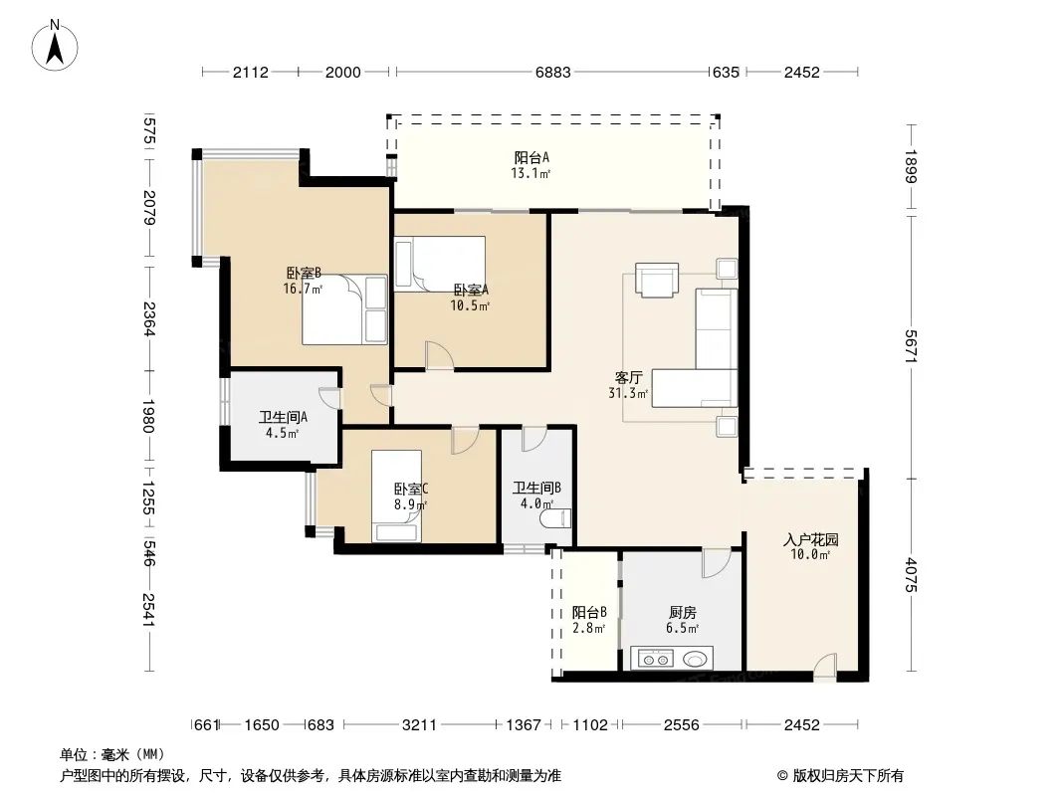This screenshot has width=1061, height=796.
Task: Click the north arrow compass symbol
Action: click(x=55, y=46)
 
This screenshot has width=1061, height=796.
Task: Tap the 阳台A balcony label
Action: click(x=531, y=157)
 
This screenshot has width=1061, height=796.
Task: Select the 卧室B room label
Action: click(x=304, y=274)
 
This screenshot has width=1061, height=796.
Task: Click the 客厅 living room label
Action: click(x=628, y=377)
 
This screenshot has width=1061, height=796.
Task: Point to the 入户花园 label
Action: click(x=810, y=539)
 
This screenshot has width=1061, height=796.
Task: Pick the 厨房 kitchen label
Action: click(x=682, y=612)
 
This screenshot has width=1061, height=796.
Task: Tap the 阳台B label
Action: click(x=588, y=612)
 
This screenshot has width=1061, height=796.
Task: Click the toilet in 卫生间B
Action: click(x=555, y=518)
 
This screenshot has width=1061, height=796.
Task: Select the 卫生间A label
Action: click(x=283, y=417)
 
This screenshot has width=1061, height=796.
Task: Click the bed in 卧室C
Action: click(x=396, y=497)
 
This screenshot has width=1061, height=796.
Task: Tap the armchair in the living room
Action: click(x=656, y=280)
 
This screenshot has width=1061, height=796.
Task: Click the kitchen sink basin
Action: click(x=695, y=658)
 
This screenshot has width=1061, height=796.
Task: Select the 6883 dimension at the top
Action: click(x=552, y=73)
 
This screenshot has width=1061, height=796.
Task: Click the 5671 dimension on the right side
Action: click(x=912, y=346)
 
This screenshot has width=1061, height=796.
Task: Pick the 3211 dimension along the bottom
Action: click(x=420, y=725)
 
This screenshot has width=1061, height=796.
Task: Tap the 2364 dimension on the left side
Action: click(x=149, y=318)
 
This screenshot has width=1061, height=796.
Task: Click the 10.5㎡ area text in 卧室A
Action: click(x=470, y=305)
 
